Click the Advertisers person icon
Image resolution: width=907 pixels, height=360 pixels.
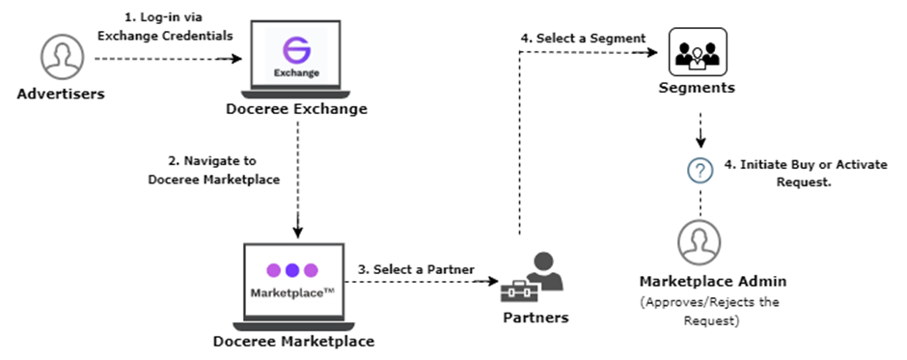coord(62,57)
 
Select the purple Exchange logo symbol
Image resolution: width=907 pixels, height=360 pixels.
coord(295,49)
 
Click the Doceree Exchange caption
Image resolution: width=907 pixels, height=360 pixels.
coord(295,109)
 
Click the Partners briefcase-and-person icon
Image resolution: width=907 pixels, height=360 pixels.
coord(536,276)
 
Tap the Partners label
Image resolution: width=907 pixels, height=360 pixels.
coord(536,317)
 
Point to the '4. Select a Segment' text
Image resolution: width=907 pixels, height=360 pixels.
coord(583,38)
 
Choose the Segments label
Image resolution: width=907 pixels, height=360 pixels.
coord(698,88)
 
